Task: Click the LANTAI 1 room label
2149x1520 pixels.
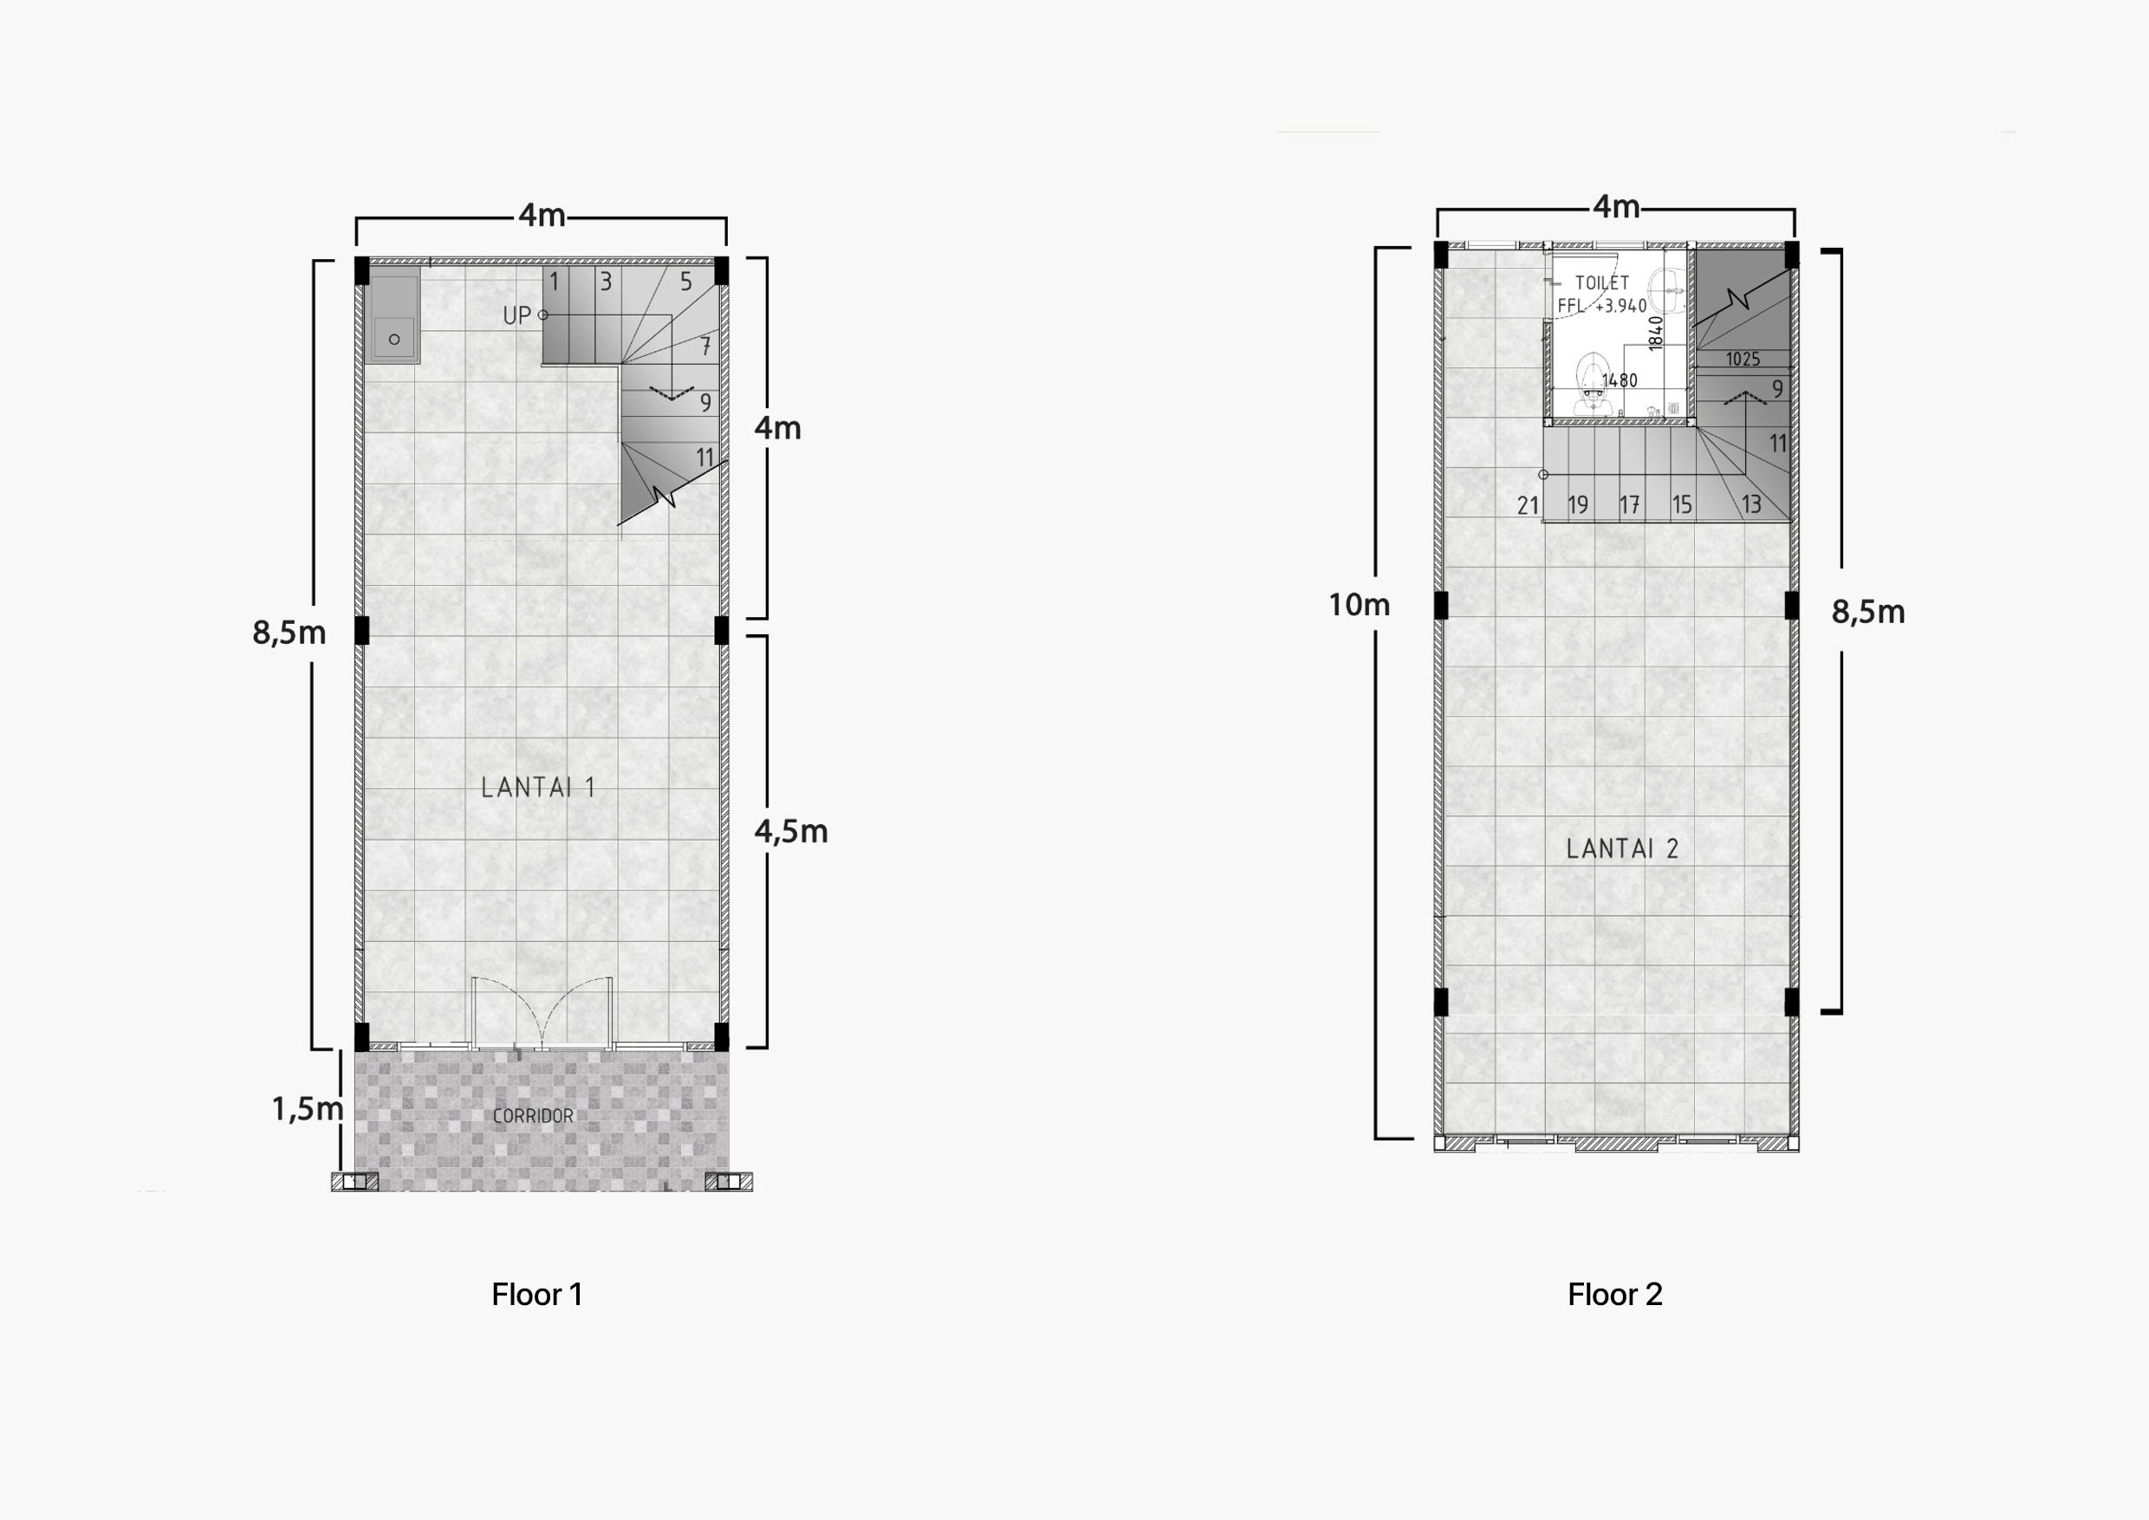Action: pos(538,787)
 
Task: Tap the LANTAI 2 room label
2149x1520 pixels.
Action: pos(1622,849)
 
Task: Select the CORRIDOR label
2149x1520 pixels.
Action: pos(533,1115)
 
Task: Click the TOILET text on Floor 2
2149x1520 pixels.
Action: pos(1601,283)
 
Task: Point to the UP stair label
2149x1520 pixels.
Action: pos(516,315)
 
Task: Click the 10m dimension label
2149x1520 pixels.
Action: pos(1359,605)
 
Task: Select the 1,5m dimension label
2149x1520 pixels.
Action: pos(307,1109)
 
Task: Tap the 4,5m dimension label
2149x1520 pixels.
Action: pos(791,831)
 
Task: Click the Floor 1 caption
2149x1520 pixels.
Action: pos(537,1295)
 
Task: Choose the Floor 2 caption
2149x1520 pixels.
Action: pos(1615,1295)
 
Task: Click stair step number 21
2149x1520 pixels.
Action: pos(1528,505)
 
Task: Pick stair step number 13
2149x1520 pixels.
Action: pos(1751,504)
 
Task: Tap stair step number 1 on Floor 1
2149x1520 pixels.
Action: pos(554,281)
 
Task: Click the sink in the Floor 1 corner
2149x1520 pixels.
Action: pos(395,318)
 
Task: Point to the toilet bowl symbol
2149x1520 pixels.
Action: pos(1591,383)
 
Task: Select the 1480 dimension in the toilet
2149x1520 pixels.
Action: pos(1620,380)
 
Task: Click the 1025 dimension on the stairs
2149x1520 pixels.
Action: pos(1743,360)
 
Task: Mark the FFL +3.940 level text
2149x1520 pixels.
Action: pos(1601,306)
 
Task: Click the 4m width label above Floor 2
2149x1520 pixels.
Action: pos(1616,207)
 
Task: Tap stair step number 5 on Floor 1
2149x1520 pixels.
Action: pos(686,281)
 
